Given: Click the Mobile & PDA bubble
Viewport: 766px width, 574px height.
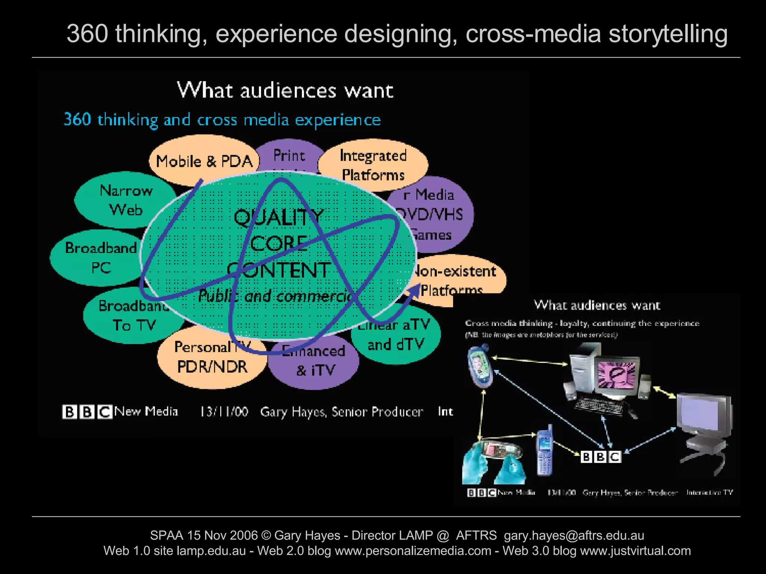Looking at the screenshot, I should click(x=204, y=161).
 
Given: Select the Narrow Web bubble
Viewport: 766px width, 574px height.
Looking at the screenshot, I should click(x=126, y=200).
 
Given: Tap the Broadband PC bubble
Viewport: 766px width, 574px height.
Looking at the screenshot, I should click(x=100, y=258).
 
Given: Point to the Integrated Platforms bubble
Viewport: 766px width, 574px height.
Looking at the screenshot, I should click(x=373, y=165).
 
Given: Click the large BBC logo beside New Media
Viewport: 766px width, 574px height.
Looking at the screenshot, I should click(x=87, y=412).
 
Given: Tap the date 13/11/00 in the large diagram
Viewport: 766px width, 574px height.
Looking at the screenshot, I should click(x=224, y=412).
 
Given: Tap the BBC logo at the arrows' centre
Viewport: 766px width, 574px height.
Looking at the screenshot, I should click(x=601, y=457).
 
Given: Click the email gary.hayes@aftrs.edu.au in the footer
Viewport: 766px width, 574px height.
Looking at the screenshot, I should click(x=574, y=535).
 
